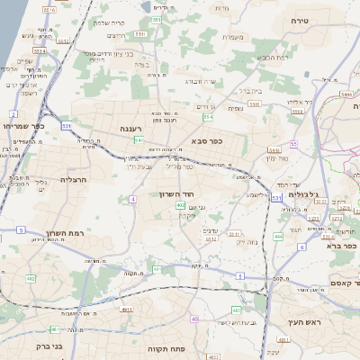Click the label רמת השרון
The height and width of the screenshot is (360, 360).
pos(88,232)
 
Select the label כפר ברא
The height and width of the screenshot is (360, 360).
pos(343,246)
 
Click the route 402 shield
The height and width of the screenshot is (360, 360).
pos(181,206)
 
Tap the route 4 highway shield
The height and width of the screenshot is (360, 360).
pos(133,199)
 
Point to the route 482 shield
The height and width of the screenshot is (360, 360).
pos(32,279)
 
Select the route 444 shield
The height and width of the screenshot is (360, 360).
pos(278,236)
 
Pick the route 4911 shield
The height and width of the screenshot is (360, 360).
pos(126,309)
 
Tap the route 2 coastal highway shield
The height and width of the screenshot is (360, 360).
pos(13,114)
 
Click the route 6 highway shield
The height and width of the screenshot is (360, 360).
pos(301,246)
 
